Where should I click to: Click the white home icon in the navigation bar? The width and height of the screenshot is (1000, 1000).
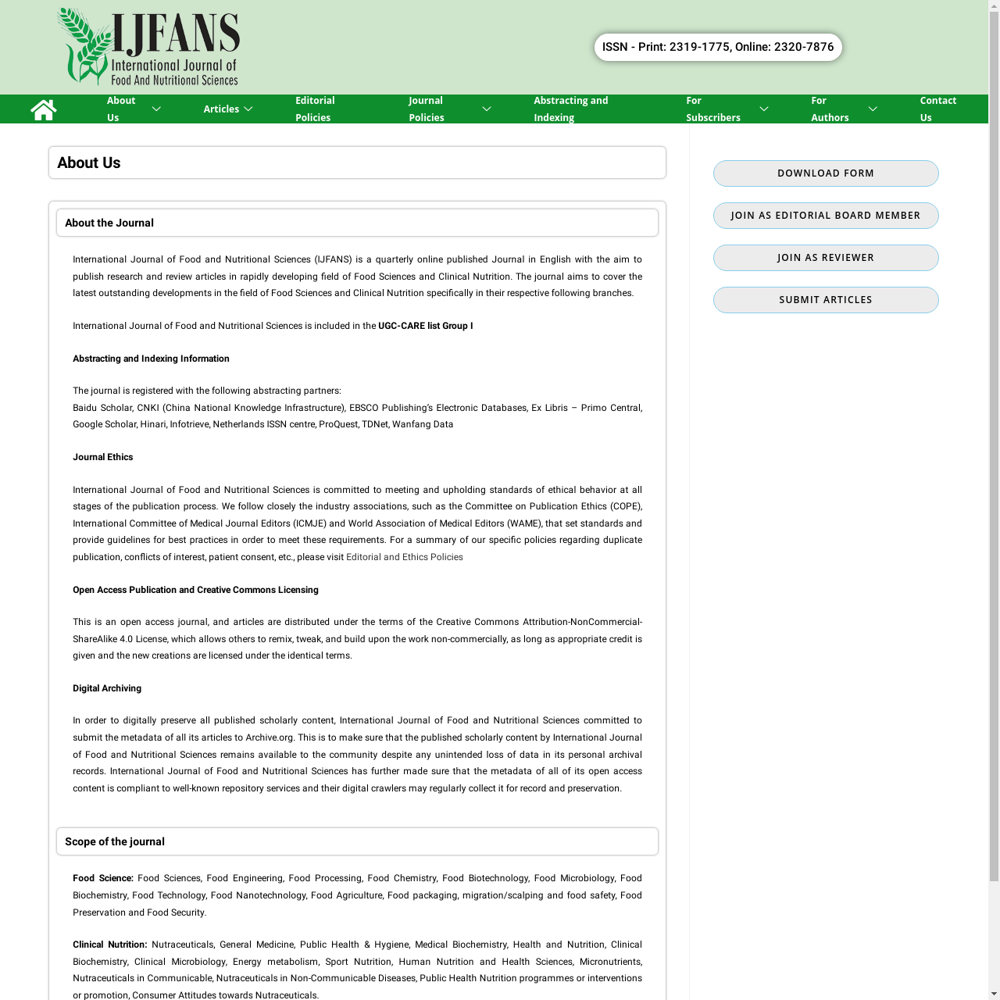coord(44,109)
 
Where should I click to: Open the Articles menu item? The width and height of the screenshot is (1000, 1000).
coord(221,109)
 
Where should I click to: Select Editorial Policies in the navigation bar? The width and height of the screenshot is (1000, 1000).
coord(315,109)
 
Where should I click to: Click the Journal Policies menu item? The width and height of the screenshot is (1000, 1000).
coord(427,109)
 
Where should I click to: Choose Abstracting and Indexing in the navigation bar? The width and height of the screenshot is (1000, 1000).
coord(570,109)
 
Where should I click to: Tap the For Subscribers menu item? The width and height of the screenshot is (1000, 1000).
coord(712,109)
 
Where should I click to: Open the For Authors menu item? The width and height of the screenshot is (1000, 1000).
coord(830,109)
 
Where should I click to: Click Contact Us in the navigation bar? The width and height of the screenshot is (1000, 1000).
coord(937,109)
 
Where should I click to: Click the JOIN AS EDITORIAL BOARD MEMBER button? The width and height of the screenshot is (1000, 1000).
coord(826,216)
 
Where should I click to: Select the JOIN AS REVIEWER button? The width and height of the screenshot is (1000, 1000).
coord(826,258)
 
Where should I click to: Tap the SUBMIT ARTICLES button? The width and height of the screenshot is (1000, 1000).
coord(826,300)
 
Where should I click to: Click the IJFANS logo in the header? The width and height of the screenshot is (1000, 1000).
coord(148,47)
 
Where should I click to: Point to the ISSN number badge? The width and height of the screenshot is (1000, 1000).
coord(718,47)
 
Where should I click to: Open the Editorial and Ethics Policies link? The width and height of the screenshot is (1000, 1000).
coord(405,557)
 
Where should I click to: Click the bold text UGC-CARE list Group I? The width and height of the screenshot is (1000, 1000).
coord(425,326)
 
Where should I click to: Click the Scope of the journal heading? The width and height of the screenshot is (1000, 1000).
coord(115,841)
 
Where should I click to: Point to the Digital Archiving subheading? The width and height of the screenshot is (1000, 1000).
coord(107,688)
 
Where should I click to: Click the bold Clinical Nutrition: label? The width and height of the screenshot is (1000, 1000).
coord(109,945)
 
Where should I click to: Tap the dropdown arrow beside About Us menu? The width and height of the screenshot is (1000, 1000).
coord(156,109)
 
